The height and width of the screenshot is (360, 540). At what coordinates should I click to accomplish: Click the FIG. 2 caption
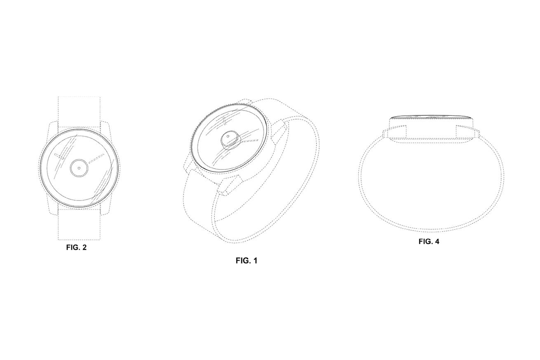pos(76,247)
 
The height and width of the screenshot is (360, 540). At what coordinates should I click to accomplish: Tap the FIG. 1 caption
pos(247,261)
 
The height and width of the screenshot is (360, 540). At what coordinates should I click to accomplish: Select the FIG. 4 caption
pos(429,241)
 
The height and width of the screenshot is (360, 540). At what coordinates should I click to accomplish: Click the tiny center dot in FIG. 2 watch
pos(79,168)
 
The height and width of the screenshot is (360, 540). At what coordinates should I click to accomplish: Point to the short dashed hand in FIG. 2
pos(58,156)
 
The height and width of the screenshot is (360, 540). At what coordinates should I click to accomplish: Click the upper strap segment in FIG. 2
pos(79,112)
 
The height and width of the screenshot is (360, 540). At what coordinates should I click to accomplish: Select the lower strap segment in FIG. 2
pos(79,224)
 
